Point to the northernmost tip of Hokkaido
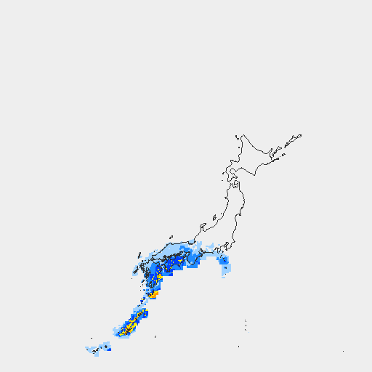(x=243, y=134)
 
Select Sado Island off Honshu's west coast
(x=215, y=217)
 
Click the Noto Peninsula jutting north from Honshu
(x=199, y=229)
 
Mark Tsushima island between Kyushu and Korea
(x=138, y=256)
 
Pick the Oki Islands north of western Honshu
(x=171, y=236)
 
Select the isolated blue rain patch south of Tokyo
(x=225, y=261)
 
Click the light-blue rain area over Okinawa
(x=98, y=349)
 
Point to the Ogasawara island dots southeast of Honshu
(x=246, y=324)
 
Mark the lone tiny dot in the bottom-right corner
(x=343, y=352)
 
